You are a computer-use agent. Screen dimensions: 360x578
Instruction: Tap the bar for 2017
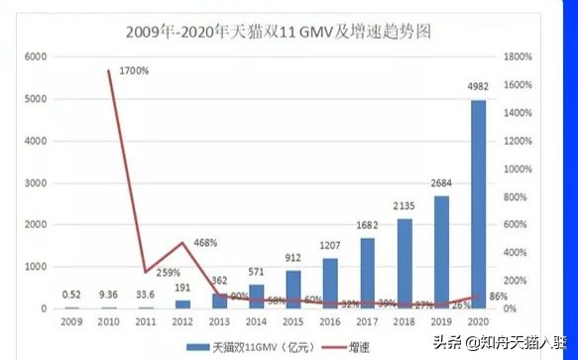coord(367,273)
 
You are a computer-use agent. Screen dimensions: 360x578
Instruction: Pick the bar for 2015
coord(294,289)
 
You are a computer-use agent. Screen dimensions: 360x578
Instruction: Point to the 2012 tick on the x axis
coord(182,322)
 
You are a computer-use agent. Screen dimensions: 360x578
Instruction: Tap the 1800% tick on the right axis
coord(515,58)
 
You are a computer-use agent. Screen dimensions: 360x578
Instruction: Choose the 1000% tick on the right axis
coord(515,170)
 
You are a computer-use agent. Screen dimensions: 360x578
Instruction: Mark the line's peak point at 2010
coord(110,70)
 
